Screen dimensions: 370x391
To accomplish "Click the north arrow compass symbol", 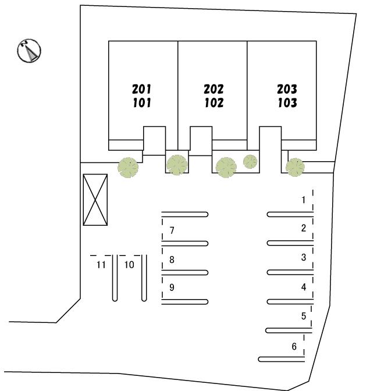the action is [x=29, y=51].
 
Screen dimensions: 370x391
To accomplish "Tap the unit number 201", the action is [x=141, y=89].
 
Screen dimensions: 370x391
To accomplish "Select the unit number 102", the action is [x=214, y=103].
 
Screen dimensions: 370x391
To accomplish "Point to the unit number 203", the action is [x=287, y=89].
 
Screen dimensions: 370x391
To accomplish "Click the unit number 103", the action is [x=287, y=103].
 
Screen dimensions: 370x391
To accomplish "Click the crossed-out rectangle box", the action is [x=95, y=200].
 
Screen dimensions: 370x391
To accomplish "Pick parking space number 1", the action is [x=304, y=200].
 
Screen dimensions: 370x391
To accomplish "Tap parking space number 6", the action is [x=294, y=346].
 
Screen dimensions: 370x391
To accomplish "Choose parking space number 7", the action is [x=172, y=230].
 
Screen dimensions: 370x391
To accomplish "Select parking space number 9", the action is [x=172, y=287].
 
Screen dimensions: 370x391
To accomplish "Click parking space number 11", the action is [x=101, y=265].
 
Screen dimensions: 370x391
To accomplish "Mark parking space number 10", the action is [x=129, y=265].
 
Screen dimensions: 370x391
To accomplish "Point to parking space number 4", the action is [x=304, y=287].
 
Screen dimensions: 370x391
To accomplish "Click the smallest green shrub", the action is [x=250, y=162].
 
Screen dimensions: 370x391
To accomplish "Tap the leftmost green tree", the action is [x=128, y=168].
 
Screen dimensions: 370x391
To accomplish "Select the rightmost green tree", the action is [x=295, y=168].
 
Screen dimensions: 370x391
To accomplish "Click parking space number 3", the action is [x=304, y=257].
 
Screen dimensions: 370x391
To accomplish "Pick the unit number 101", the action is [x=142, y=103].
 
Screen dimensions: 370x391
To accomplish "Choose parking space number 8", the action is [x=172, y=260].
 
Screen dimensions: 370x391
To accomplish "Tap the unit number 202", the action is [x=214, y=89].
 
